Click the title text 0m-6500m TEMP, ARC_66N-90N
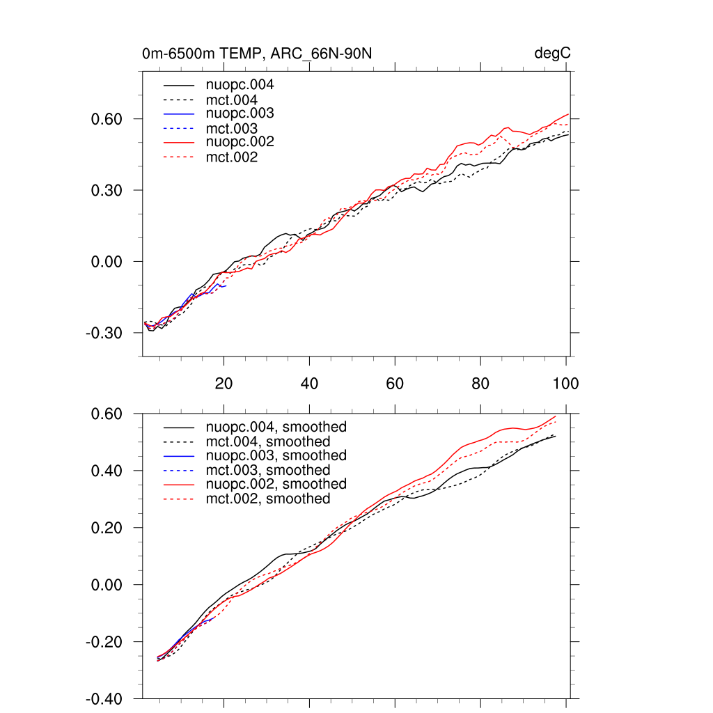click(x=261, y=53)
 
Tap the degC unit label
click(x=552, y=54)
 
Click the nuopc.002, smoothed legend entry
click(x=276, y=484)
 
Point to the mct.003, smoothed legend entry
click(x=268, y=470)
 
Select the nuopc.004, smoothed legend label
click(x=276, y=427)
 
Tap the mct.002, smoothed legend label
click(x=268, y=499)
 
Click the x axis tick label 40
click(x=309, y=384)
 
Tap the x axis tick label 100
click(x=565, y=384)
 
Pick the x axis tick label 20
click(x=224, y=384)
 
